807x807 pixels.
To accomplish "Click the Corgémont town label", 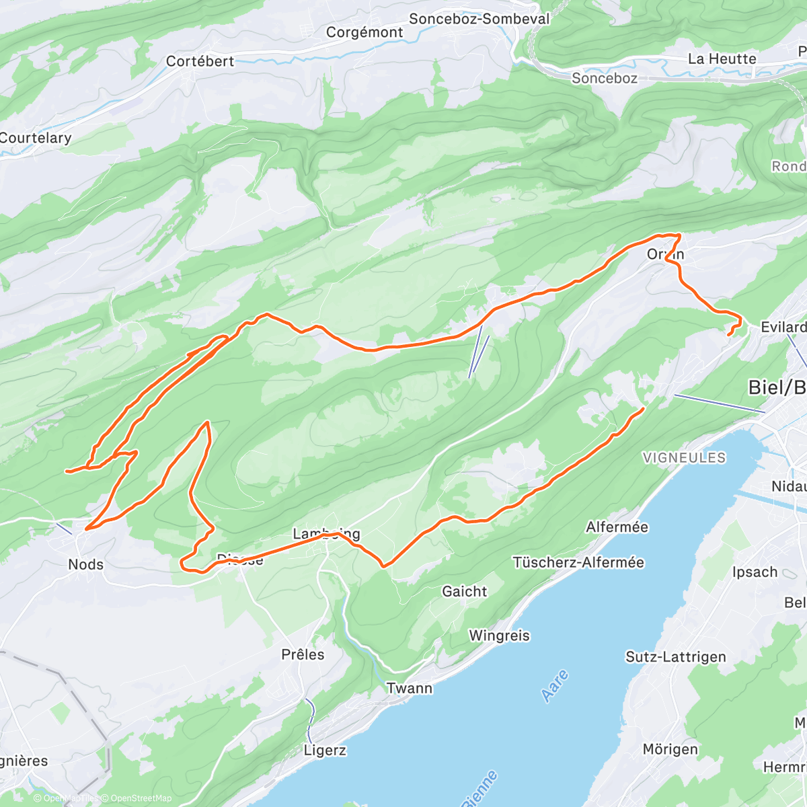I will point(364,32).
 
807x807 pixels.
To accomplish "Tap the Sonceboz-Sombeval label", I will point(479,19).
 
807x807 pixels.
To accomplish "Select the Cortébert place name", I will point(200,61).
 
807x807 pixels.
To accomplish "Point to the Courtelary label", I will point(35,138).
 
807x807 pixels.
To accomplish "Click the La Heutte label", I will point(722,59).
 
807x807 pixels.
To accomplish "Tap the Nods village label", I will point(86,564).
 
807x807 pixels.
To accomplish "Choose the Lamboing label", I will point(326,534).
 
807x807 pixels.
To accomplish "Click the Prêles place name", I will point(303,654).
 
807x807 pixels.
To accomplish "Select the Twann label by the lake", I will point(410,688).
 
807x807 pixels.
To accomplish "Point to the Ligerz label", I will point(325,750).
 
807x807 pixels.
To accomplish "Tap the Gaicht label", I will point(464,592).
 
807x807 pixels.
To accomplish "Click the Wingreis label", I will point(499,636).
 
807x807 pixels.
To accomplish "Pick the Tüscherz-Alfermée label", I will point(578,562).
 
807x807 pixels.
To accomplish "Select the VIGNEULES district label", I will point(684,458).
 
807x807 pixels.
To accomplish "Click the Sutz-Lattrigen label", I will point(675,657).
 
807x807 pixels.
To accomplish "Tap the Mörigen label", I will point(670,749).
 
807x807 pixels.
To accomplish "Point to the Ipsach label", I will point(755,572).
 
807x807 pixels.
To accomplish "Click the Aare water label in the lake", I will point(555,686).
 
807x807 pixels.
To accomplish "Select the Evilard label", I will point(783,328).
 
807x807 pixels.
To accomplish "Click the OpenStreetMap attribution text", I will point(141,798).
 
